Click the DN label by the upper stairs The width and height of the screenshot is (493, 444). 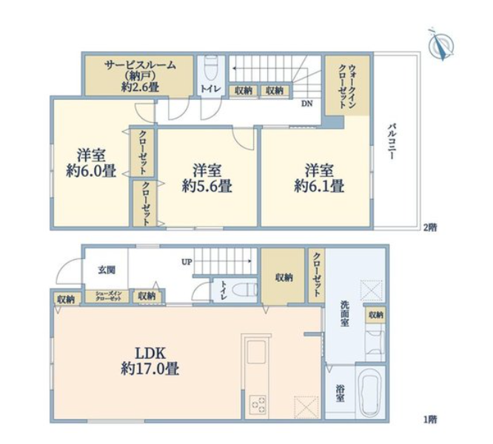point(307,103)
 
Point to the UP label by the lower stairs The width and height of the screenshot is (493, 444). point(187,262)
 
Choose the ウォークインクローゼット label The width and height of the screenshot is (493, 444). point(347,87)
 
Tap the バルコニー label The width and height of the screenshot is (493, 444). point(392,142)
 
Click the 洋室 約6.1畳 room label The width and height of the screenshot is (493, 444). point(319,178)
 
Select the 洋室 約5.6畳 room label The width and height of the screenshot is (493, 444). point(207,178)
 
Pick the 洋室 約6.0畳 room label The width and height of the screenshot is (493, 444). point(91,163)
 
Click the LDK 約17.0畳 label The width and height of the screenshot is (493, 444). point(150,361)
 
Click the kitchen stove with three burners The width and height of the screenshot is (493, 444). point(258,404)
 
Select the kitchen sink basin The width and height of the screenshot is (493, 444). point(257,351)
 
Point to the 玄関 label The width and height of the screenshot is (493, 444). point(107,269)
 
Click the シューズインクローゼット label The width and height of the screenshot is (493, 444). point(108,296)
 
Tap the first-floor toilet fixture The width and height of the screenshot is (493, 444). point(244,289)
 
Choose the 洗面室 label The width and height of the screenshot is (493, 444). point(345,314)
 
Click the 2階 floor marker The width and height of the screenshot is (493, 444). point(429,227)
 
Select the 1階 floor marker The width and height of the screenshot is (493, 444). point(429,419)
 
